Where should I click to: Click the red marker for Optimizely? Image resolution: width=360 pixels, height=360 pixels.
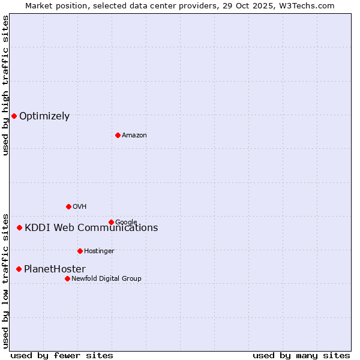click(x=14, y=116)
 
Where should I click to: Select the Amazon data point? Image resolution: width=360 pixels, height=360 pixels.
click(x=118, y=135)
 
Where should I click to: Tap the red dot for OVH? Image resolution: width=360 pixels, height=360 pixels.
click(x=68, y=206)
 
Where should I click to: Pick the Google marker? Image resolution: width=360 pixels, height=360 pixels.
click(x=111, y=222)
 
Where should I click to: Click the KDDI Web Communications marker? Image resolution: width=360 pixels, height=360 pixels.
click(x=20, y=227)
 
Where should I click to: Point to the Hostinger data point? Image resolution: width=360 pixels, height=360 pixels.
click(x=80, y=251)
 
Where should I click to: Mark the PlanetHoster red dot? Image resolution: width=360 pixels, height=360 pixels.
click(x=19, y=269)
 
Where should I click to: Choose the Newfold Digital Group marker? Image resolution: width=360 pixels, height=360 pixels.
click(x=67, y=278)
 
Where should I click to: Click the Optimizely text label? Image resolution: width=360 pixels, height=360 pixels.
click(x=44, y=116)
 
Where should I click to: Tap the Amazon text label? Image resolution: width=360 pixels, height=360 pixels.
click(x=134, y=136)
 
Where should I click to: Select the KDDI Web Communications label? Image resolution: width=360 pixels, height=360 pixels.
click(x=91, y=228)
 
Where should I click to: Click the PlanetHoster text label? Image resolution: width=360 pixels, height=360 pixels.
click(x=55, y=269)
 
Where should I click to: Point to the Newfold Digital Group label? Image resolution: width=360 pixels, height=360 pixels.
click(x=106, y=279)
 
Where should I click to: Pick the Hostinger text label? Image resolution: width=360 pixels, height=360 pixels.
click(x=99, y=251)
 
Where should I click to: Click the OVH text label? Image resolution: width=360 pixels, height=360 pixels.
click(x=80, y=207)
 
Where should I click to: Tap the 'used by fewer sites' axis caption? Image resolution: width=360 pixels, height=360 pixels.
click(x=62, y=355)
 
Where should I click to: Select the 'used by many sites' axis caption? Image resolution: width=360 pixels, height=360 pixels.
click(x=301, y=355)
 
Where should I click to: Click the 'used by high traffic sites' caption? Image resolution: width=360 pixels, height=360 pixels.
click(x=5, y=85)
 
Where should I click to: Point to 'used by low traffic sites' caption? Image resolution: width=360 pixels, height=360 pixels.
click(x=5, y=280)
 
